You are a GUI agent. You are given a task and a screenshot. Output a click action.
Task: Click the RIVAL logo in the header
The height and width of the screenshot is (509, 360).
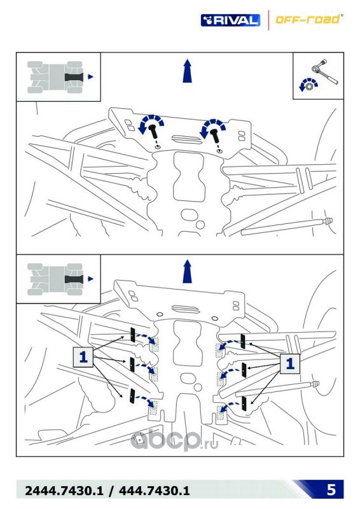click(230, 20)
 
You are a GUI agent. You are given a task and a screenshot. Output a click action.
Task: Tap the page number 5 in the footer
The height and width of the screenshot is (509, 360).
click(331, 489)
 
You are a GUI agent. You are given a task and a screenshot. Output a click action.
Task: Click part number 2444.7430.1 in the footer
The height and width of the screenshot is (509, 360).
click(64, 491)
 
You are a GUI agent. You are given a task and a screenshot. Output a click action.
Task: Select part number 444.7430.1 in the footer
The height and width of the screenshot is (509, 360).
click(154, 491)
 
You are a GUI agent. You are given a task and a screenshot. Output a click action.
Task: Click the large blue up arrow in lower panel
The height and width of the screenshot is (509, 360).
click(187, 272)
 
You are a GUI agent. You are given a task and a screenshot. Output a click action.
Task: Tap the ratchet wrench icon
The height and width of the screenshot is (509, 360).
click(325, 71)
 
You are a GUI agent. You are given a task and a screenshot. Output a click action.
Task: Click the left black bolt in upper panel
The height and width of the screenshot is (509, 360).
click(153, 132)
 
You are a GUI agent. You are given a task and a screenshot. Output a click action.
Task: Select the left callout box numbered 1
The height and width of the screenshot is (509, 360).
click(83, 357)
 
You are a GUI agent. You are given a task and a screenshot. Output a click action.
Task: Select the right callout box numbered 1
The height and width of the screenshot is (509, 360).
click(290, 363)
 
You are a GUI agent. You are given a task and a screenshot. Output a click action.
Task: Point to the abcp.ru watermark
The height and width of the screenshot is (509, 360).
click(174, 440)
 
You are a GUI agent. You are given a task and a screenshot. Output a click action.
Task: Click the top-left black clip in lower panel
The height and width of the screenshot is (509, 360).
click(132, 335)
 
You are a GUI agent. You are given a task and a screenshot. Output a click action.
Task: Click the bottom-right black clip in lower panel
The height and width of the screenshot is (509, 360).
click(244, 403)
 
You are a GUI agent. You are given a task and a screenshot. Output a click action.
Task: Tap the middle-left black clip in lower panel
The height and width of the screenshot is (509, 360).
click(132, 365)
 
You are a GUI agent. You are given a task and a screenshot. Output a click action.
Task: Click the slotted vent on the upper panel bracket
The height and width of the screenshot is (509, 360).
click(186, 139)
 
